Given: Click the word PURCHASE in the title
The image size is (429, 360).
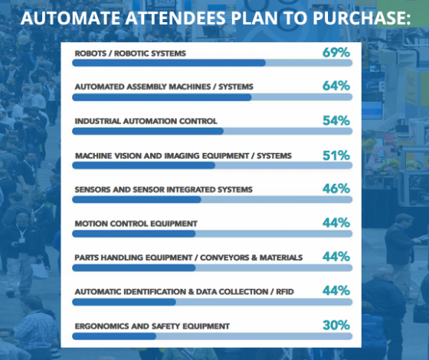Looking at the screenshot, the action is pos(362,18).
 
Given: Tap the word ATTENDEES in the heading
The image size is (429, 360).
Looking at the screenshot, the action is pos(175,18).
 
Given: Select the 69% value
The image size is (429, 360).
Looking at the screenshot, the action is pos(336,52).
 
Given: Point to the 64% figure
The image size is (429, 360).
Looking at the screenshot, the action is pos(336,86).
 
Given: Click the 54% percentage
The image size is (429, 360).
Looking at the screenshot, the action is pos(336,120).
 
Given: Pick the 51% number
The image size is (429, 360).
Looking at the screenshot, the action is pos(336,155).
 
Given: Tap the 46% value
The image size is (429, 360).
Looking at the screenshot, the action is pos(336,188).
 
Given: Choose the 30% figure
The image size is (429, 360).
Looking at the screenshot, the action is pos(336,325).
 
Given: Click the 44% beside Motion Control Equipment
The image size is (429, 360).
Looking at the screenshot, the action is pos(336,223).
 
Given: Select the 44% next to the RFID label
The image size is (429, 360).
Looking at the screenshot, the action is pos(336,290).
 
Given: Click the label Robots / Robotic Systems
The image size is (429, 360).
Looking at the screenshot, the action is pos(130,54).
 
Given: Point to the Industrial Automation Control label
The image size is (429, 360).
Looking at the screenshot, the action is pos(146,121).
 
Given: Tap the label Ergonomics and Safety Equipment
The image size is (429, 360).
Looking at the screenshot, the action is pos(152,326).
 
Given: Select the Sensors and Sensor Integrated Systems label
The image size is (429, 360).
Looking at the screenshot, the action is pos(163,190).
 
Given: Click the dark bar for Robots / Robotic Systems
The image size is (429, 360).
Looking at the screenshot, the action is pos(169,63).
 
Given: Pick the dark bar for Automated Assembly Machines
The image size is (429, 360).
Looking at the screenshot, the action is pos(162,97).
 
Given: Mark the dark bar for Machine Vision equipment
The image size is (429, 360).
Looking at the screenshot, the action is pos(144,165).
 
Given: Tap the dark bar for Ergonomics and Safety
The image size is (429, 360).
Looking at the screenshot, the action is pos(114,336).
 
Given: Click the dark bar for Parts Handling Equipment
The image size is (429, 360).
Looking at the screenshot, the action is pos(134,268).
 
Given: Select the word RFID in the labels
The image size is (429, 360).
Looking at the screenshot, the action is pos(285,292).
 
